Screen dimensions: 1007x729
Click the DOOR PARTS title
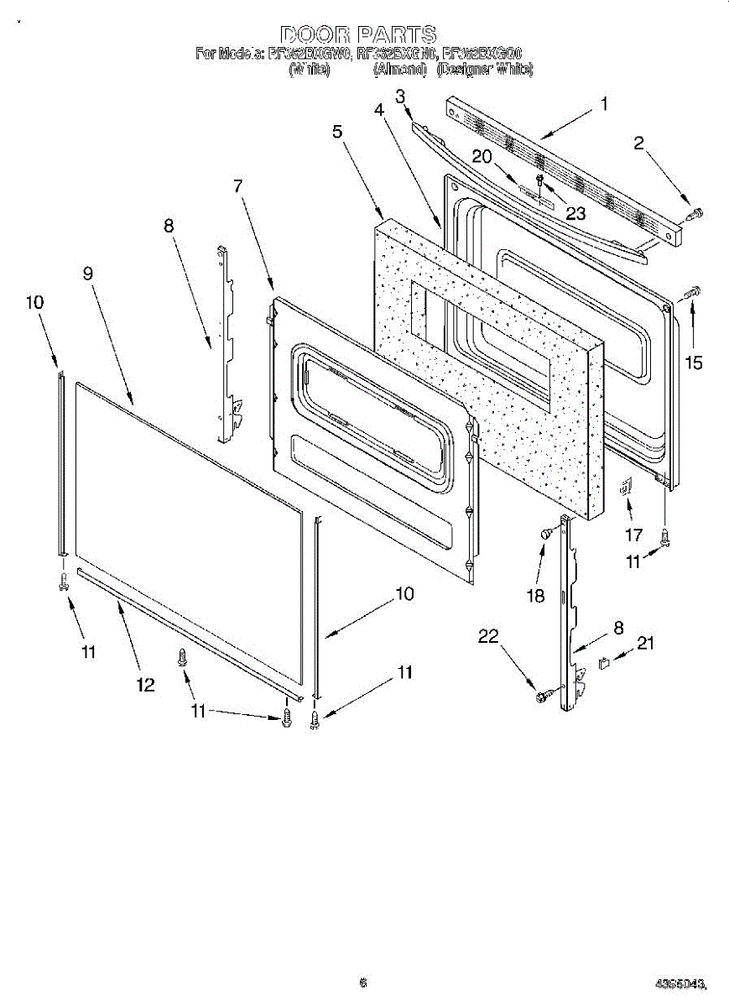(358, 34)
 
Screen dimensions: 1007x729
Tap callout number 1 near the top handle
(603, 105)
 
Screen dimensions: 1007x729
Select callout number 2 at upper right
(638, 143)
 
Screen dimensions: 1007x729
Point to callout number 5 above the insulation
(336, 132)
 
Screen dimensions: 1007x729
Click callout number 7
(238, 186)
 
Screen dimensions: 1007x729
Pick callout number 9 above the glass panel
(88, 274)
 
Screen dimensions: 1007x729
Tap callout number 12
(145, 685)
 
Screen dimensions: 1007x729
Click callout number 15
(693, 363)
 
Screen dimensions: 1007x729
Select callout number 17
(634, 534)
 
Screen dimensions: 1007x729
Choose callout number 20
(481, 156)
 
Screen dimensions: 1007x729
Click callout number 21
(645, 644)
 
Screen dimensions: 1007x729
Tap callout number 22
(489, 637)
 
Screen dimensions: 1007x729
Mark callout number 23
(575, 213)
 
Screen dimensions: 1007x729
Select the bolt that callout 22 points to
(543, 696)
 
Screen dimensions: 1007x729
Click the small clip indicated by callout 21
(605, 664)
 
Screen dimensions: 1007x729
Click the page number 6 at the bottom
(362, 983)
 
